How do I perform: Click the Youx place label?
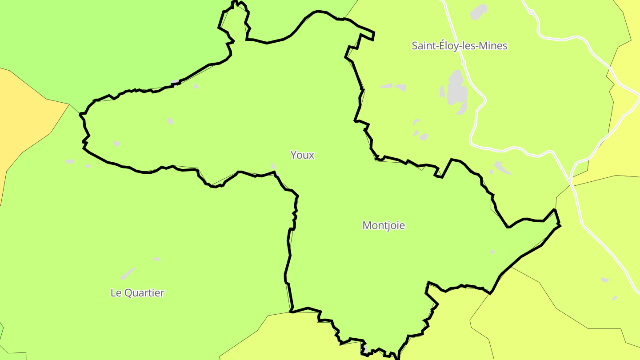302,155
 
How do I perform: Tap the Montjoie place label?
384,225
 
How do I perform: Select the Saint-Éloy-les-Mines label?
459,46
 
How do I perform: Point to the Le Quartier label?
137,293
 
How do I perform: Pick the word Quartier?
144,293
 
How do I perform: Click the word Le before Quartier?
116,293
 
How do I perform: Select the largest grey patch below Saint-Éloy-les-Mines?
456,88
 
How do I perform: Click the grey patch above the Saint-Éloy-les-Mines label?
479,11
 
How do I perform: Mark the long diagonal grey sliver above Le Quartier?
128,273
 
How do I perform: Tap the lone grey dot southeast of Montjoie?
492,252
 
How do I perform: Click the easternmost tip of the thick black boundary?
560,226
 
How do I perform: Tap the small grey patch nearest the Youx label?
273,166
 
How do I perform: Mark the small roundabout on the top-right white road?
531,12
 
